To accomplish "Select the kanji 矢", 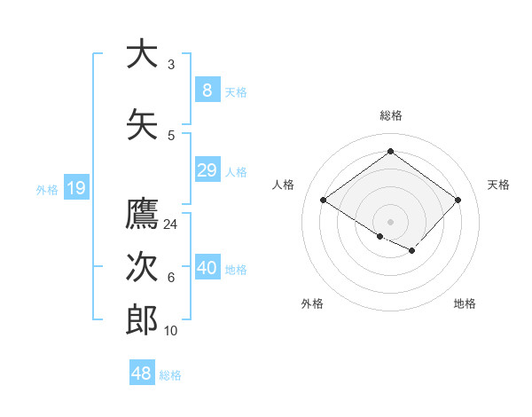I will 142,124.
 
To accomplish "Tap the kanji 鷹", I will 142,214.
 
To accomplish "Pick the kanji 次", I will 142,267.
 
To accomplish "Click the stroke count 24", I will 171,224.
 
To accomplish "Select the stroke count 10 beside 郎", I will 171,331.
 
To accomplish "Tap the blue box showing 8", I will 207,90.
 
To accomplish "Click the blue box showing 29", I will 207,170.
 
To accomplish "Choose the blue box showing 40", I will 207,268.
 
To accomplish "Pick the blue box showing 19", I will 75,188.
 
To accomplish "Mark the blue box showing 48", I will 142,374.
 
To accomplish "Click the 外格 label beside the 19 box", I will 47,189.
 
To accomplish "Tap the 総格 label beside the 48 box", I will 170,375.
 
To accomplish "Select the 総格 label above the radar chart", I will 391,115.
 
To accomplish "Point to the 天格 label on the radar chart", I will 498,185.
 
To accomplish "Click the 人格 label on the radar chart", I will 284,185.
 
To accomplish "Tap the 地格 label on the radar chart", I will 465,303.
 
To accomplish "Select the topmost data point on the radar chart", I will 391,151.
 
